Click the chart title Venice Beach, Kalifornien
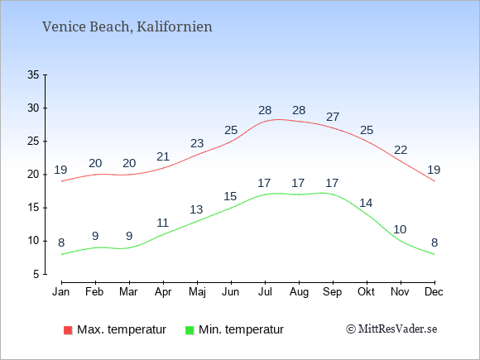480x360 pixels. coord(127,26)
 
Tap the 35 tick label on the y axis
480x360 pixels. coord(33,74)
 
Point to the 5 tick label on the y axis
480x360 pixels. coord(36,274)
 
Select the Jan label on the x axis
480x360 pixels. coord(61,292)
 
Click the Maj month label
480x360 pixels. coord(197,292)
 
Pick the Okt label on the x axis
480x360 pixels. coord(366,292)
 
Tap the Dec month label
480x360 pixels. coord(434,292)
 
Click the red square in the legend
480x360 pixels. coord(68,330)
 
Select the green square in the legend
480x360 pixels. coord(190,330)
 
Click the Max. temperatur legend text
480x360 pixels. coord(122,329)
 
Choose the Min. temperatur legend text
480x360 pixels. coord(241,329)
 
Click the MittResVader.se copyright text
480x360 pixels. coord(391,329)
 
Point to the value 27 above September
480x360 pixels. coord(333,117)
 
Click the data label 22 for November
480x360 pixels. coord(401,150)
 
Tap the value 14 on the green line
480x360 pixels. coord(366,203)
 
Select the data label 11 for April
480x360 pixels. coord(163,223)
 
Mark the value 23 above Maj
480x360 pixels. coord(197,143)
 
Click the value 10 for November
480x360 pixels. coord(400,229)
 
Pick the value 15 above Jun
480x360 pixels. coord(230,196)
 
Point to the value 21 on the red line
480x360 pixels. coord(163,156)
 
